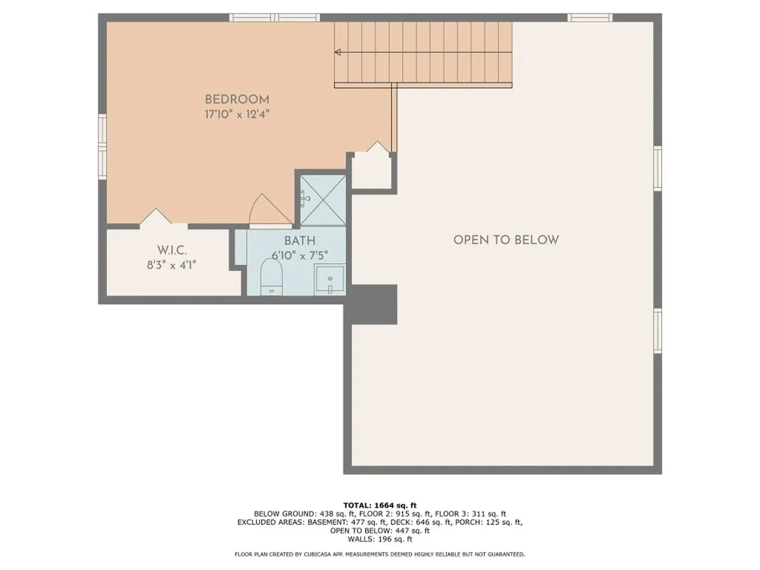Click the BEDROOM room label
click(237, 99)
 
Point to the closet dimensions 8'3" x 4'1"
click(171, 264)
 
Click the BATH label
click(299, 240)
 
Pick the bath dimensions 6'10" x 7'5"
click(299, 255)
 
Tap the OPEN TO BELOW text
click(505, 240)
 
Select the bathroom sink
click(329, 281)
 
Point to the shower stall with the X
click(323, 199)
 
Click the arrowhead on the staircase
click(338, 52)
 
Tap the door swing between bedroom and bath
click(266, 210)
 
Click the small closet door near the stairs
click(376, 148)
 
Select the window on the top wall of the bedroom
click(274, 17)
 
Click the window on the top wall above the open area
click(590, 17)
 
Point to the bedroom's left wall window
click(102, 146)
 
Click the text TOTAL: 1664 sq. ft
click(380, 505)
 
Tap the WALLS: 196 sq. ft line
click(380, 540)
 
